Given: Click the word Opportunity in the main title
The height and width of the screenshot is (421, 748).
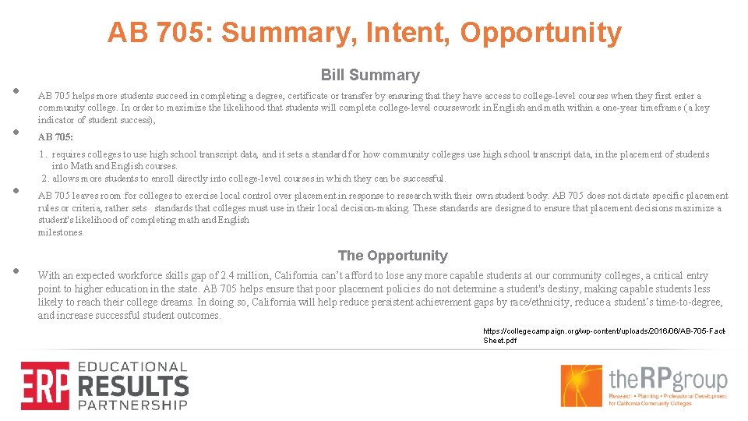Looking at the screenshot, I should (x=541, y=34).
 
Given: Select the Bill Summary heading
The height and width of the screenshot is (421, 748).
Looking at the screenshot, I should (x=370, y=76).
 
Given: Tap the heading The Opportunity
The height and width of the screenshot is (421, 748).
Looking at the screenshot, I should (x=393, y=256).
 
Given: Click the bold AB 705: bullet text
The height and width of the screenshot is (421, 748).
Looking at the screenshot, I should (x=55, y=137).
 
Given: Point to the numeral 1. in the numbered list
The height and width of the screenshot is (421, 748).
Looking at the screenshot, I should (x=44, y=154).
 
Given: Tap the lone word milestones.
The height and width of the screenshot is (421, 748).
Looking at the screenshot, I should (x=61, y=232).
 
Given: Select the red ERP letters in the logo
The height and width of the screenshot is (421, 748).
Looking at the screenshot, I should (x=45, y=385).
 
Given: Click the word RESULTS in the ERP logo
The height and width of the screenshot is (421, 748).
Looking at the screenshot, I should (x=132, y=386).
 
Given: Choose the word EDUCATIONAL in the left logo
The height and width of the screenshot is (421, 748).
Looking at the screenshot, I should (x=132, y=366).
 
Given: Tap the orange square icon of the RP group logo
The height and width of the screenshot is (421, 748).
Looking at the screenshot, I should (x=582, y=385).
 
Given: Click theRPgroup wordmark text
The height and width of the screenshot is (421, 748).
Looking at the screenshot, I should (x=668, y=380).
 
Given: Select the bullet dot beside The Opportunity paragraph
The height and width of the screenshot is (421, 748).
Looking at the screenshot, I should (x=16, y=271).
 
